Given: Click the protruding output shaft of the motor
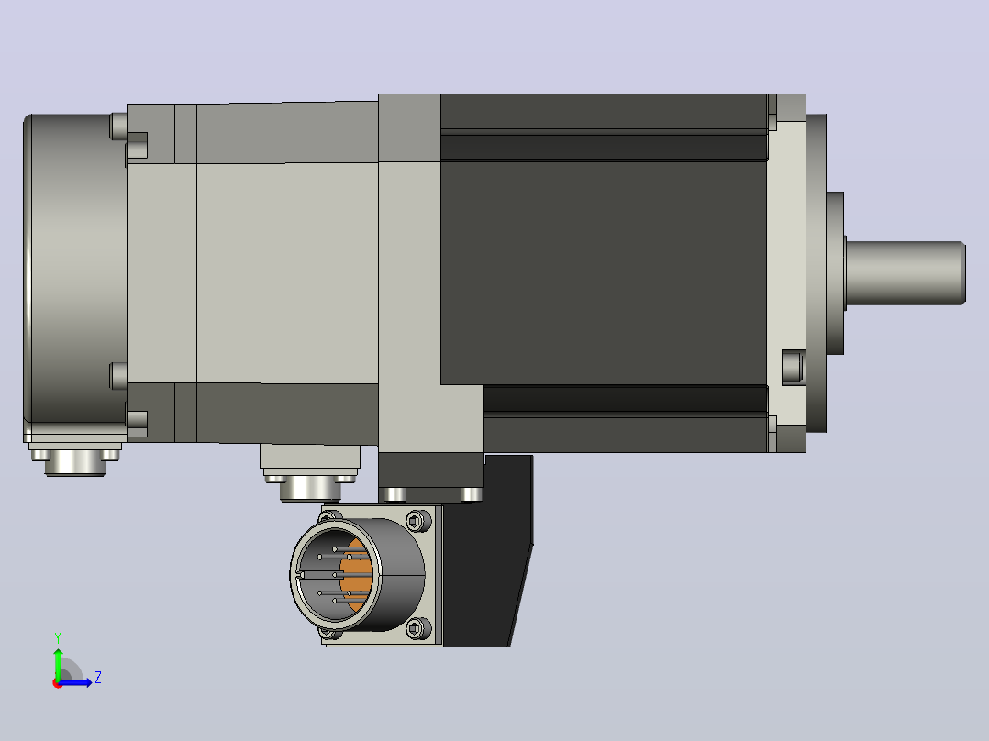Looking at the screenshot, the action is pyautogui.click(x=905, y=273).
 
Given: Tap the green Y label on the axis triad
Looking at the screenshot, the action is pyautogui.click(x=58, y=637).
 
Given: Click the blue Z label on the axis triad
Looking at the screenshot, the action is pyautogui.click(x=98, y=678).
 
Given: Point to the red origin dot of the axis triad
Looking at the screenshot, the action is pyautogui.click(x=58, y=683).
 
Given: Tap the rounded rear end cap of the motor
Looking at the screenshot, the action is pyautogui.click(x=75, y=271).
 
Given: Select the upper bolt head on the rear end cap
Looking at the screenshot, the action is pyautogui.click(x=118, y=127).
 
